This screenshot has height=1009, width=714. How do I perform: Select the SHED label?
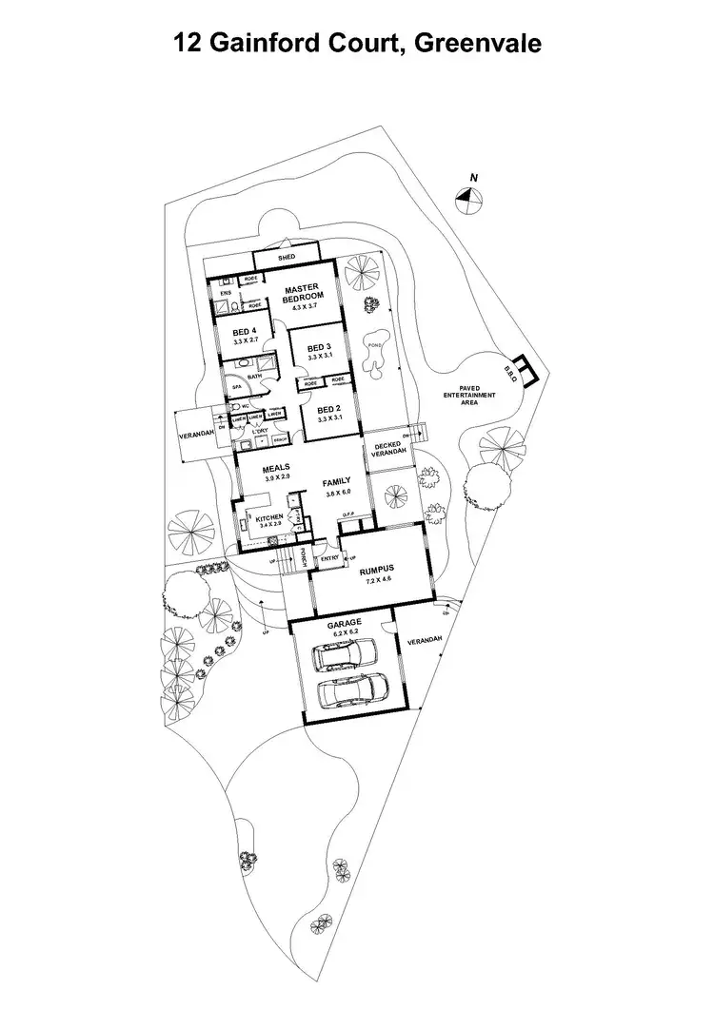(x=286, y=258)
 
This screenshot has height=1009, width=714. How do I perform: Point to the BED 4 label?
(x=244, y=332)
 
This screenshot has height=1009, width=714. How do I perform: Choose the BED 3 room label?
(x=318, y=348)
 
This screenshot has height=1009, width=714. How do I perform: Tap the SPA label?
(x=236, y=387)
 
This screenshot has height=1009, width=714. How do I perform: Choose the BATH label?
(x=254, y=377)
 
